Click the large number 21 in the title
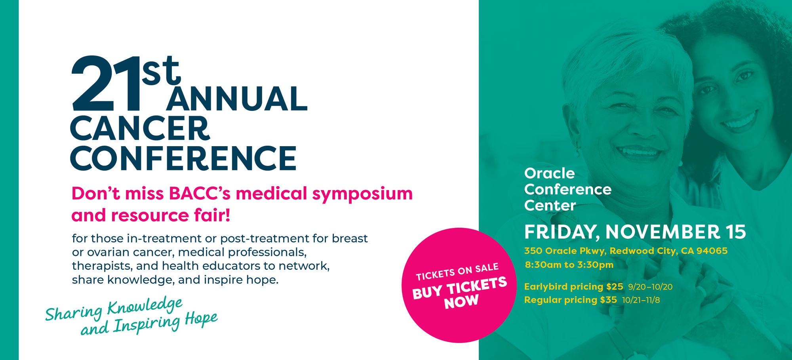click(106, 84)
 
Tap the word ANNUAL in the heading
click(237, 99)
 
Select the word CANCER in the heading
click(140, 128)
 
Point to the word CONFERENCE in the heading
click(183, 158)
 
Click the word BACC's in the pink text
click(200, 194)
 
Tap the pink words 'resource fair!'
click(171, 215)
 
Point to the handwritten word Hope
click(201, 319)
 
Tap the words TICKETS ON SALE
click(457, 272)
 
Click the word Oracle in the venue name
click(549, 173)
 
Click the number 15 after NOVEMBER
click(736, 232)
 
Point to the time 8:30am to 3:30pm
click(569, 265)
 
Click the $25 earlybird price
click(615, 286)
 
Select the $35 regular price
click(608, 300)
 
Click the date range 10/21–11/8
click(641, 300)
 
